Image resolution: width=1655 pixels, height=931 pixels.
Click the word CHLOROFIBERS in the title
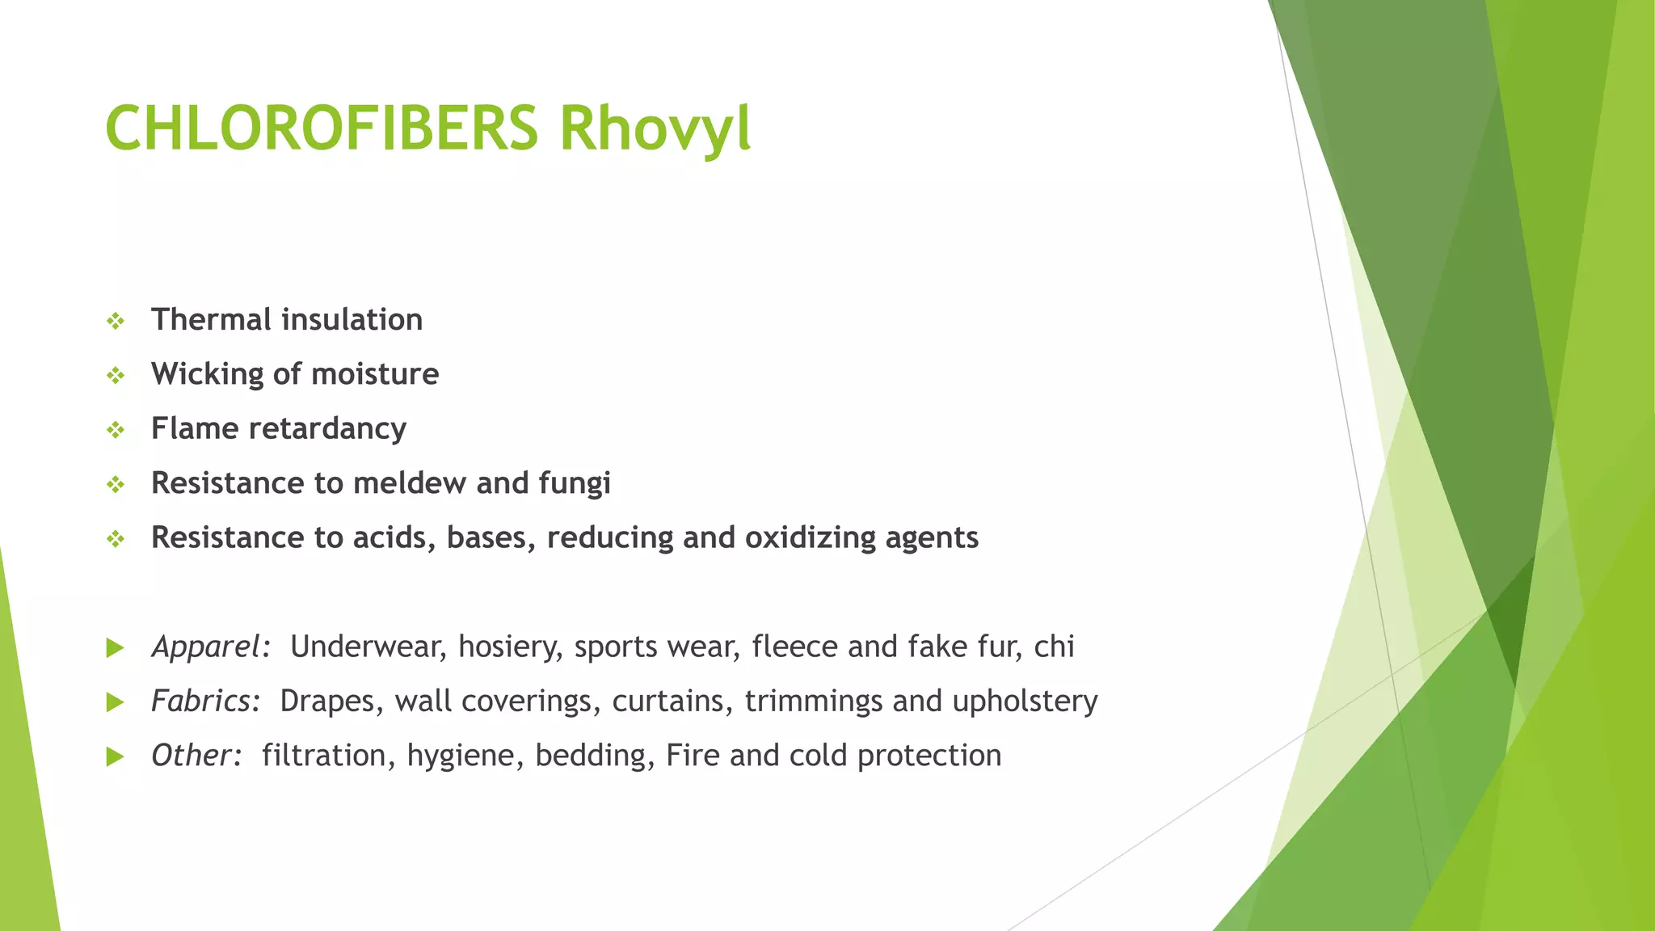(x=322, y=128)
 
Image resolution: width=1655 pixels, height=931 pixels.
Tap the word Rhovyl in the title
(x=655, y=128)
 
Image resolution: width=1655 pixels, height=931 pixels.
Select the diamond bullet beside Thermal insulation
(x=116, y=322)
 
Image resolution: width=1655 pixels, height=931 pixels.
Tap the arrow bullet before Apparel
(x=116, y=647)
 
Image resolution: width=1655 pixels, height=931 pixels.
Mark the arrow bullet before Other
(x=116, y=756)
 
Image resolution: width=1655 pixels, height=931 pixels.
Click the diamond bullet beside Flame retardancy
(x=116, y=430)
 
